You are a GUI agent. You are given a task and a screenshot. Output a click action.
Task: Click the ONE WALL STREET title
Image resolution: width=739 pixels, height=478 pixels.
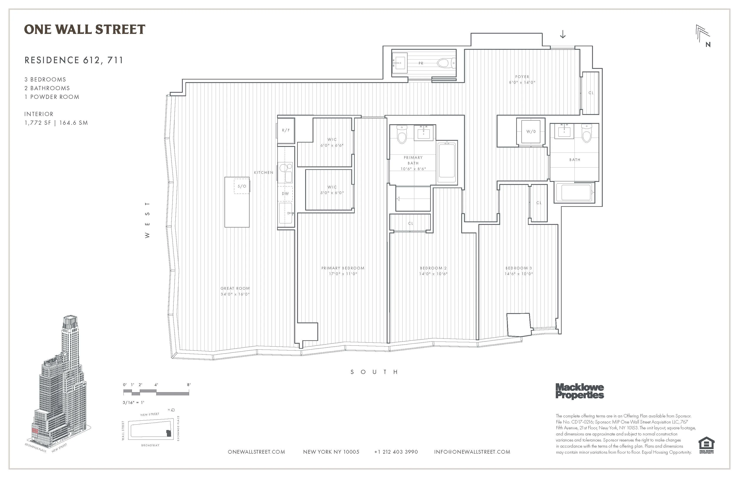85,30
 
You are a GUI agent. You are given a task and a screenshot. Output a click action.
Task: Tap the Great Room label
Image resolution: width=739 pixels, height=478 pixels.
235,288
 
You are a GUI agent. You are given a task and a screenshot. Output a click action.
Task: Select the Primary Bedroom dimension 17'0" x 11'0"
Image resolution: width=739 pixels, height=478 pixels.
343,274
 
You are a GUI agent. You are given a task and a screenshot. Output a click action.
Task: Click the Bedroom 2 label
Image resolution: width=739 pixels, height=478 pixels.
433,268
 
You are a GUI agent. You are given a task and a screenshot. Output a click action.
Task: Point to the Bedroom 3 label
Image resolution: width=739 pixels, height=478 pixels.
519,268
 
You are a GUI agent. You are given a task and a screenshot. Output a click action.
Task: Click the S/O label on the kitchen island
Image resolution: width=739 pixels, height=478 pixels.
242,186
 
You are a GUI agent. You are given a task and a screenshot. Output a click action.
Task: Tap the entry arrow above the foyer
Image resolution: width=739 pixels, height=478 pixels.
563,35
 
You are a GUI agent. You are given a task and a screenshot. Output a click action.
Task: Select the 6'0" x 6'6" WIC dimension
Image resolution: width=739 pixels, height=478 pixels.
332,146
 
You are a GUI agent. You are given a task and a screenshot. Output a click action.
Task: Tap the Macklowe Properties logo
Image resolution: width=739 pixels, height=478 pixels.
579,391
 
